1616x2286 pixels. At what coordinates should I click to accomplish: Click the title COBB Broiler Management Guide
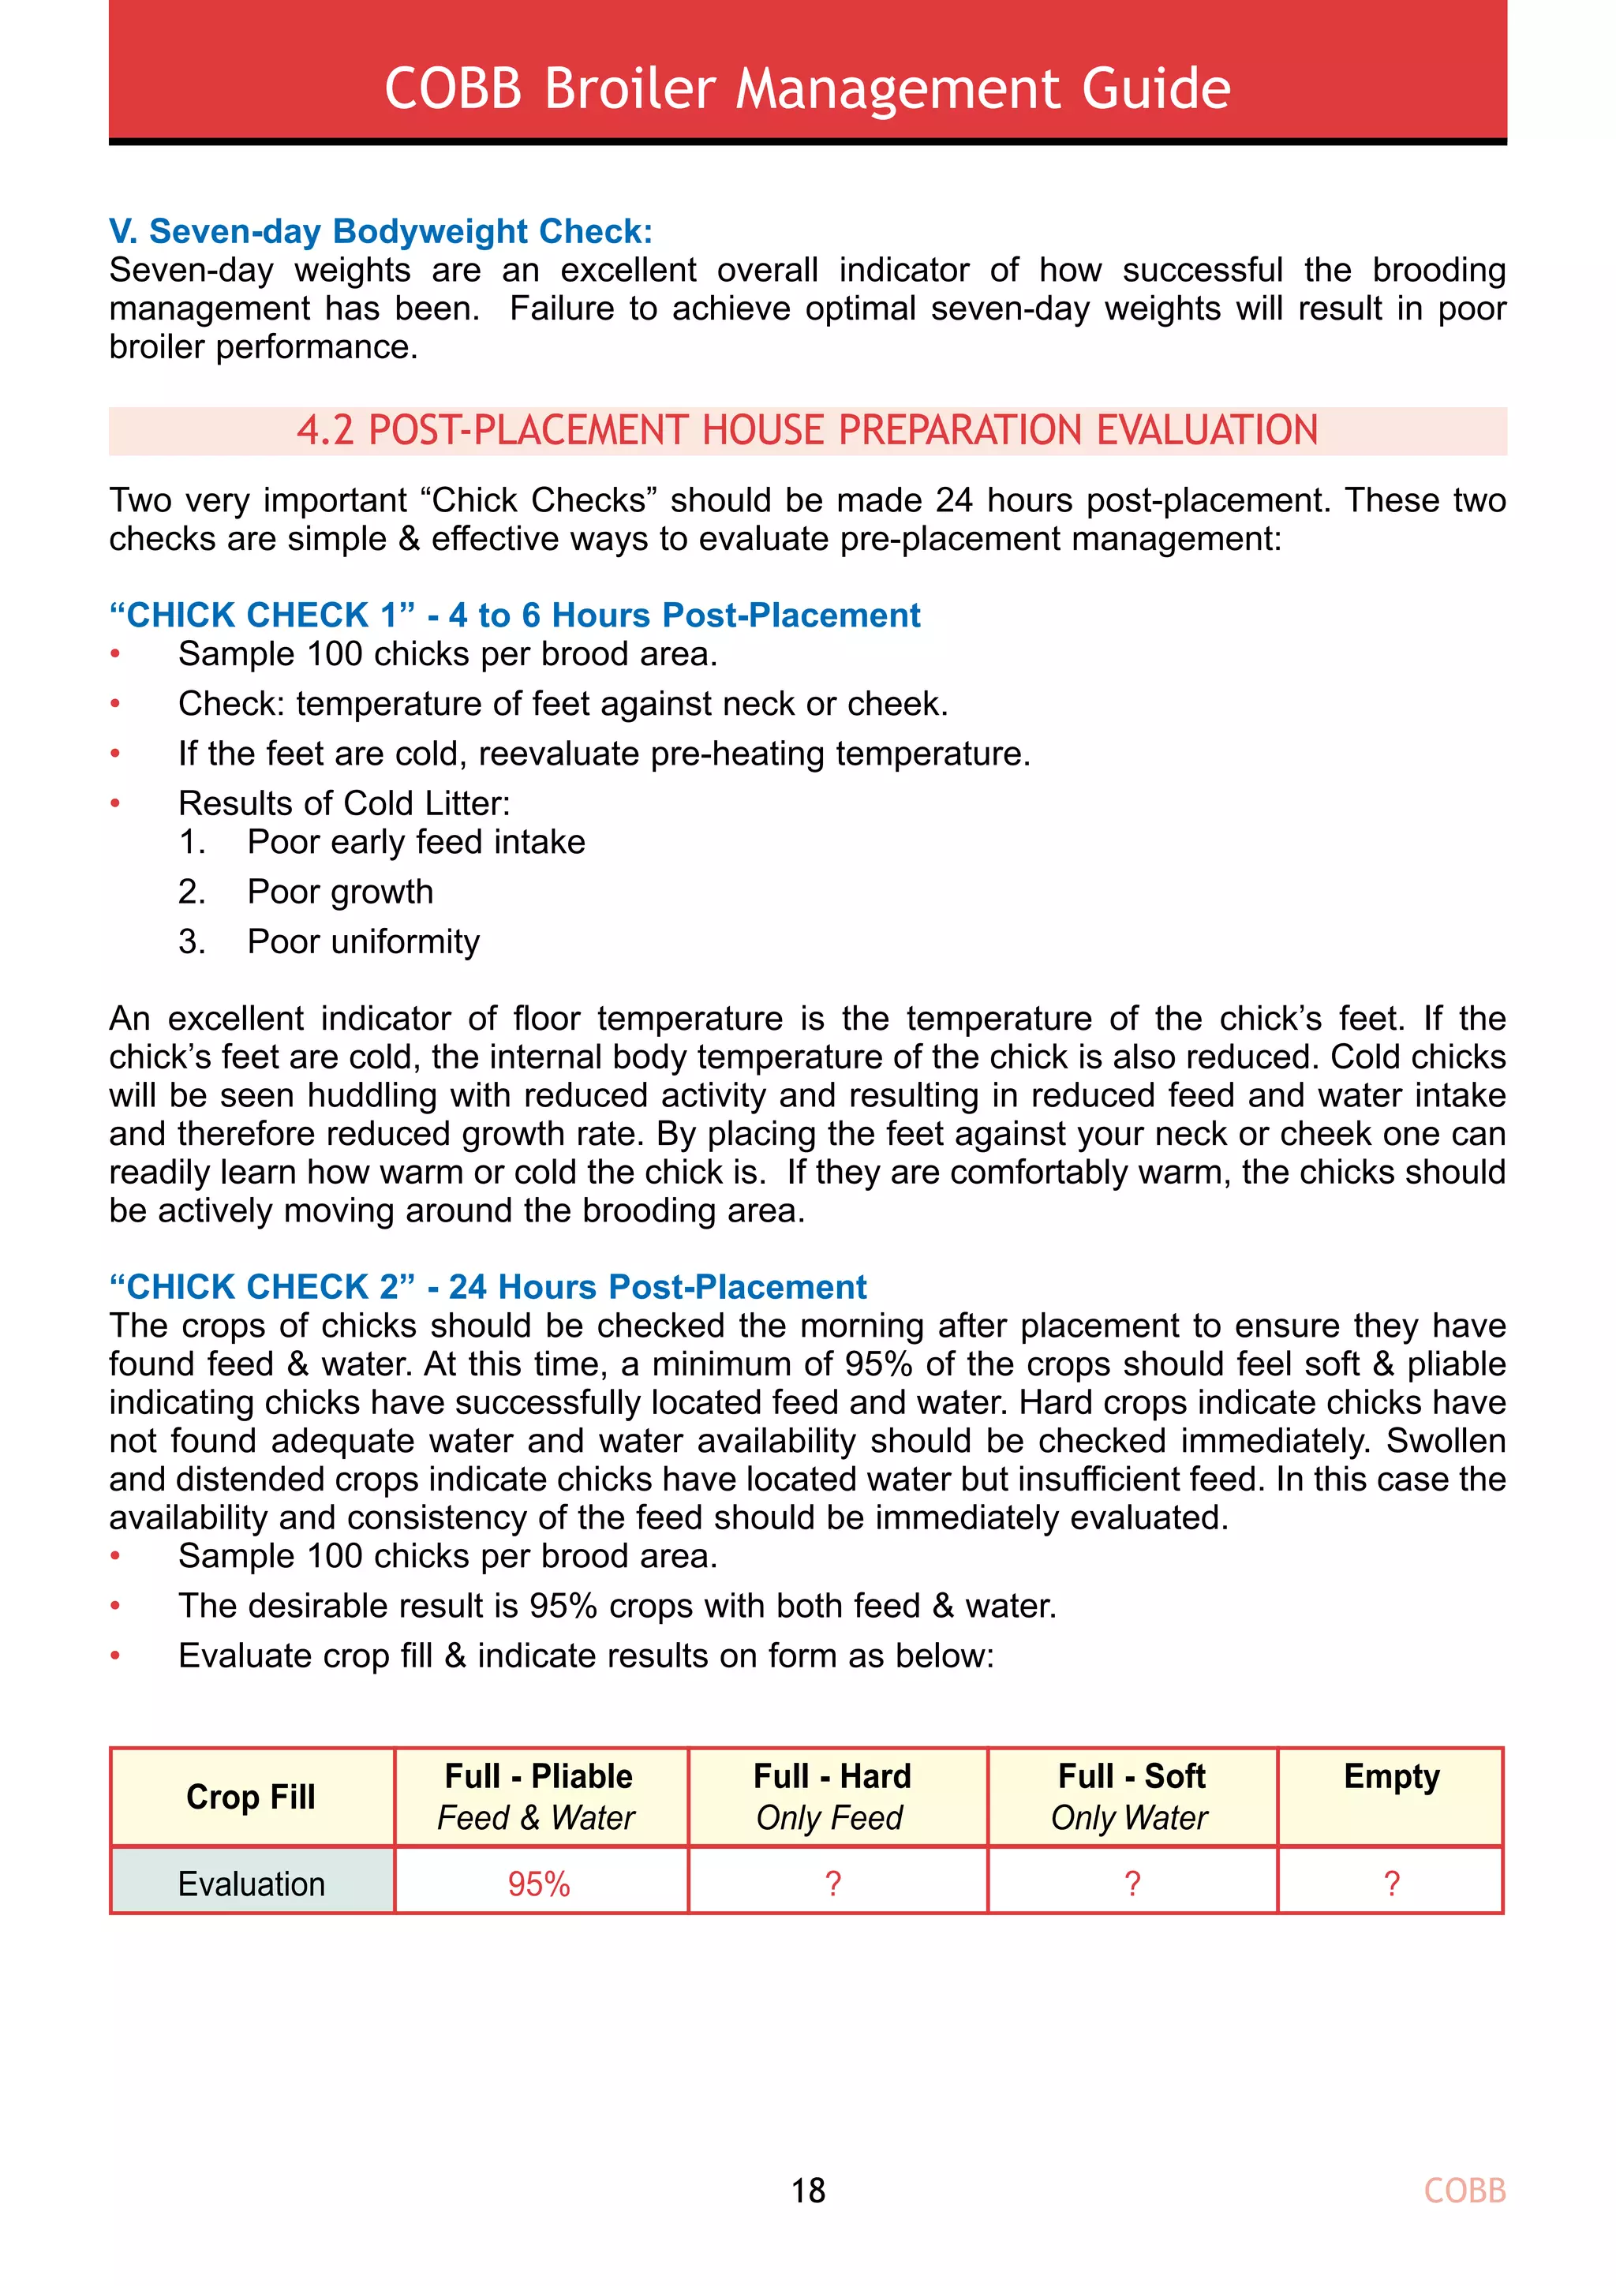click(x=807, y=88)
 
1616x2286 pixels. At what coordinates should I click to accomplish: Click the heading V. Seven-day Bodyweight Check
click(x=380, y=231)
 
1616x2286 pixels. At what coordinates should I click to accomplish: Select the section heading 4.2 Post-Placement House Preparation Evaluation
click(x=807, y=430)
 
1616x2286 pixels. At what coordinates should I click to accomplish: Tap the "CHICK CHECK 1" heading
click(x=514, y=615)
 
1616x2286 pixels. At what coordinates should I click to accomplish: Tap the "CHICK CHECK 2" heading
click(x=487, y=1286)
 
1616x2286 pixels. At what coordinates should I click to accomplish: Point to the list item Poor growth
click(x=339, y=891)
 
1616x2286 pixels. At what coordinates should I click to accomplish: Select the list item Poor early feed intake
click(x=415, y=841)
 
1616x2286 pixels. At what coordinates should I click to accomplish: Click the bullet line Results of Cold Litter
click(x=343, y=803)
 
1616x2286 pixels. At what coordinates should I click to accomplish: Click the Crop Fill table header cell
click(x=251, y=1796)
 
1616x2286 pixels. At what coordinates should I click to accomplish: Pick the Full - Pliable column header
click(x=539, y=1796)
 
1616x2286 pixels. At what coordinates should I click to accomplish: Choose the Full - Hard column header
click(x=832, y=1796)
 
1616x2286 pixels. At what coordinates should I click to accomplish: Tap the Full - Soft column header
click(x=1131, y=1796)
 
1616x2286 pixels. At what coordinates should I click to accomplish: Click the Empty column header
click(x=1391, y=1777)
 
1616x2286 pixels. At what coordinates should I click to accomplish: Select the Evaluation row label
click(x=251, y=1884)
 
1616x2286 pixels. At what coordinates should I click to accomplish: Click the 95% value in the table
click(x=539, y=1884)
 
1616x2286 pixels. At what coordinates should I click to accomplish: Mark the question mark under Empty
click(x=1391, y=1884)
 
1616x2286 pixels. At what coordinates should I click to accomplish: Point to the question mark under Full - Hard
click(x=832, y=1884)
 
